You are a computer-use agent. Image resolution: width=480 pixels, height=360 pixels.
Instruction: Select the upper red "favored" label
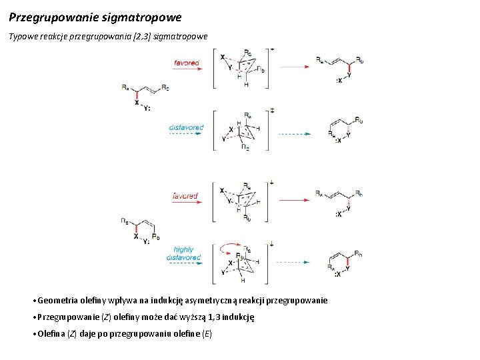pos(187,63)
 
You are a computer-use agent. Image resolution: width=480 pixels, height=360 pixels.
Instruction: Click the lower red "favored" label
pos(185,196)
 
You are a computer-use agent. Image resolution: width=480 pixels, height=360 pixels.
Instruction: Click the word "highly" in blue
pos(184,249)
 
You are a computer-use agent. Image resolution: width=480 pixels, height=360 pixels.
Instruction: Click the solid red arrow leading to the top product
pos(297,66)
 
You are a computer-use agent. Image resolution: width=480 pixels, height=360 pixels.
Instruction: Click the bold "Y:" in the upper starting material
pos(147,107)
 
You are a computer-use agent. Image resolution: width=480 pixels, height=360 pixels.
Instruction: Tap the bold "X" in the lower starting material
pos(136,235)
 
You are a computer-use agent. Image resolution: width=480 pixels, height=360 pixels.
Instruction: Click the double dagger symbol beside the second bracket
pos(272,110)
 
